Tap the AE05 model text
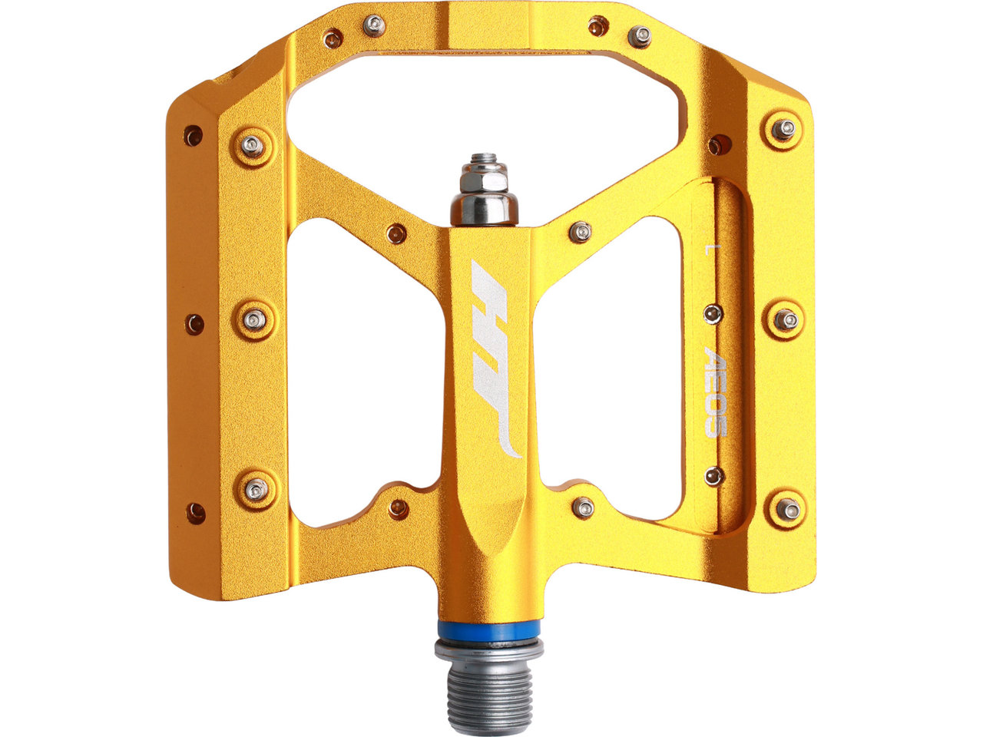click(715, 392)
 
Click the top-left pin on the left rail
click(253, 146)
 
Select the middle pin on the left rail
click(254, 320)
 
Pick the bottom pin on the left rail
click(257, 490)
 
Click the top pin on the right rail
click(783, 130)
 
